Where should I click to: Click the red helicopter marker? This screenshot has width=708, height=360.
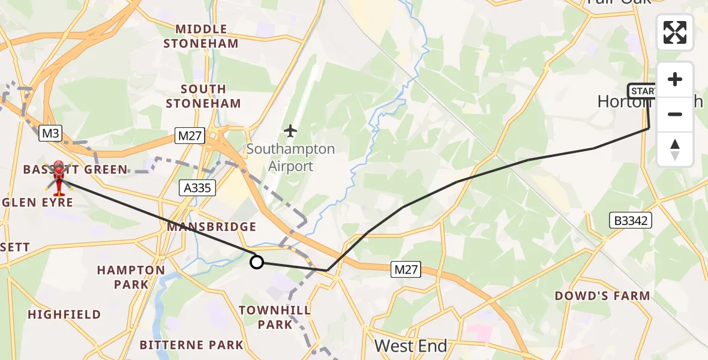tap(59, 178)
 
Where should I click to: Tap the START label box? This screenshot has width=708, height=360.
tap(643, 91)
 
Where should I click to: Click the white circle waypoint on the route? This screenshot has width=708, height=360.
tap(257, 262)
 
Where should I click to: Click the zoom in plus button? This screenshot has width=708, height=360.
tap(675, 80)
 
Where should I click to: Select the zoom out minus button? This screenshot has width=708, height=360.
tap(675, 114)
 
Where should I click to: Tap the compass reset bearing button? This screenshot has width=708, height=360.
tap(675, 149)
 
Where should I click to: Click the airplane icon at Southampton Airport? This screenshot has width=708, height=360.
tap(291, 130)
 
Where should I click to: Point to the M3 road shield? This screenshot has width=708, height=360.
tap(50, 134)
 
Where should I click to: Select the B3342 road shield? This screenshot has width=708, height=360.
tap(630, 221)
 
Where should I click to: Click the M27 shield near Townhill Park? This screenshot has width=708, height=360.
tap(406, 271)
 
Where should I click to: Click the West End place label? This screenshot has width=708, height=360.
tap(411, 346)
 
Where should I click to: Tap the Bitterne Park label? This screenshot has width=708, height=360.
tap(192, 345)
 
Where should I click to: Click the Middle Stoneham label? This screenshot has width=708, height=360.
tap(201, 36)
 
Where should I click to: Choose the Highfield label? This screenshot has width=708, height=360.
tap(64, 314)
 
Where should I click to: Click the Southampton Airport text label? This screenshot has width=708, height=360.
tap(291, 157)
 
